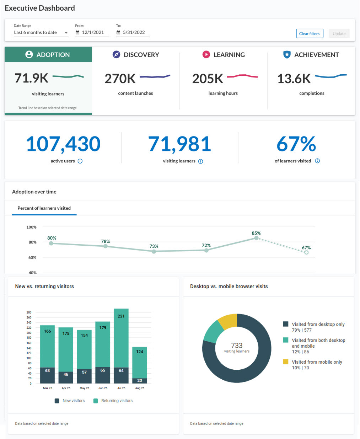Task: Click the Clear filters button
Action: pos(309,34)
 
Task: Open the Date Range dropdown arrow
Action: pos(66,33)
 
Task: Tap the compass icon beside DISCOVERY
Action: pos(116,54)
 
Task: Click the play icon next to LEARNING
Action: pos(206,54)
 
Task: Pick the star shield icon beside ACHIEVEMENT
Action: pos(287,54)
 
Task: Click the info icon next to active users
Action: pos(80,161)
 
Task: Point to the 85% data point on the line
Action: pos(256,238)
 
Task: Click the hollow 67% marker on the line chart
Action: pos(306,252)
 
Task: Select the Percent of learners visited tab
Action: pos(44,208)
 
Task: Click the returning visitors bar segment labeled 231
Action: pos(121,338)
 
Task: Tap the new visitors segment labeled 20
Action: pos(140,381)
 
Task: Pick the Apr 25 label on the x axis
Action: pos(66,388)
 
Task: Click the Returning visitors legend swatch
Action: pos(96,401)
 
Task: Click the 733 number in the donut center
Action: pos(237,345)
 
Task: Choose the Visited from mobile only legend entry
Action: pos(317,362)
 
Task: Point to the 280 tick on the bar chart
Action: pos(29,312)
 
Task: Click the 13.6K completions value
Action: pos(294,79)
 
